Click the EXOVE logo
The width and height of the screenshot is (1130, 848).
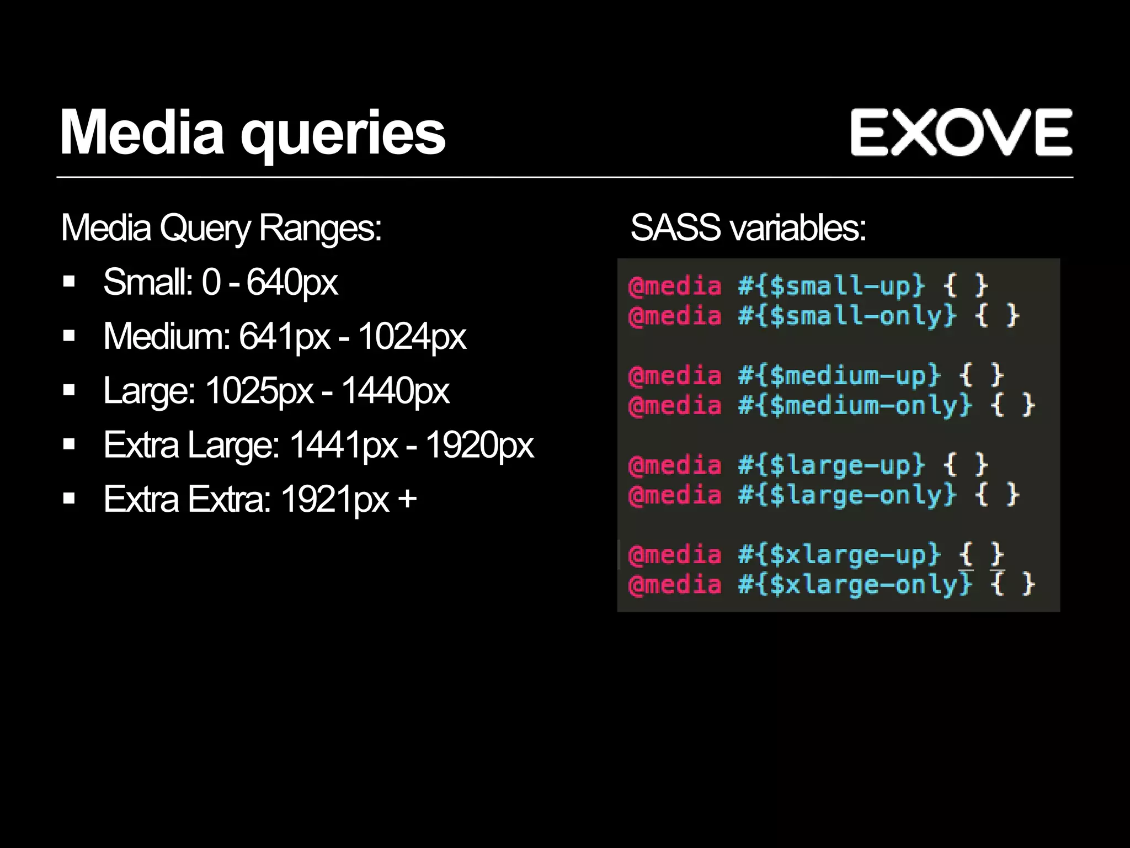961,132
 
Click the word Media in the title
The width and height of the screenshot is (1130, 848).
142,132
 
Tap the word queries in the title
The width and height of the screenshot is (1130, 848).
343,135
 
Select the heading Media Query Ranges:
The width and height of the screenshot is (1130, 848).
221,227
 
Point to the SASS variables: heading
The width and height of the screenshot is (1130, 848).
748,227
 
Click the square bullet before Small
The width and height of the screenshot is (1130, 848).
69,282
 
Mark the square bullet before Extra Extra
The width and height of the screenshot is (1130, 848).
69,499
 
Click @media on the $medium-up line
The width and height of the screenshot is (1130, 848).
675,376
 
